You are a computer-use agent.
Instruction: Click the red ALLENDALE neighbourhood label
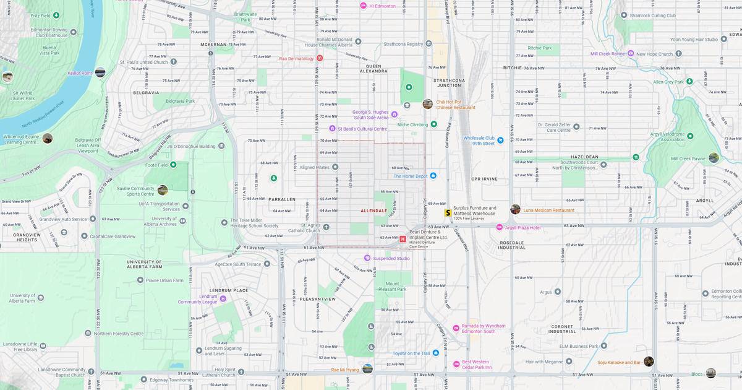tap(373, 210)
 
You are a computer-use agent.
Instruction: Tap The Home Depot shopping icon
tap(433, 176)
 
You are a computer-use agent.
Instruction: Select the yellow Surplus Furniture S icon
tap(448, 212)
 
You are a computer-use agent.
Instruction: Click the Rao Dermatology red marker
tap(320, 58)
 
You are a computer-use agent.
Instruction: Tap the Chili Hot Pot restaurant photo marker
tap(427, 104)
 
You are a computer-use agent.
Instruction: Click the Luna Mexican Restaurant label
tap(548, 210)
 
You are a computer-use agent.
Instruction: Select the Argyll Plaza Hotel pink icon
tap(500, 227)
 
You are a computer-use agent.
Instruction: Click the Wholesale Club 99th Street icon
tap(500, 141)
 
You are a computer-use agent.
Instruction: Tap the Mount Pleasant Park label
tap(392, 286)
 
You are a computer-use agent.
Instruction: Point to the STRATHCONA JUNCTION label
tap(449, 83)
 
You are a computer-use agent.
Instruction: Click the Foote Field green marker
tap(173, 165)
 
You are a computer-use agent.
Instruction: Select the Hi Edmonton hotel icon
tap(364, 6)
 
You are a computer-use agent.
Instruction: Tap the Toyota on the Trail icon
tap(436, 353)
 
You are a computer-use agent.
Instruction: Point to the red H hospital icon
tap(403, 239)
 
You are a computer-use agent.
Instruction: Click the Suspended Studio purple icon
tap(367, 258)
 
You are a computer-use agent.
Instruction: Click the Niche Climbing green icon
tap(433, 124)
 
